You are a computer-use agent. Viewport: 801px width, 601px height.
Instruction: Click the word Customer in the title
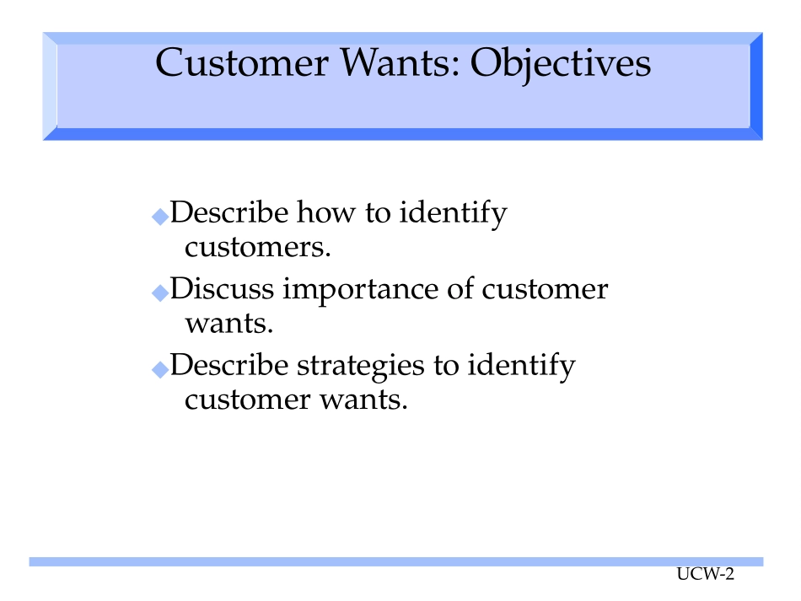coord(242,63)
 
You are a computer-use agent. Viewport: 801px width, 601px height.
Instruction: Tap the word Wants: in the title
coord(400,63)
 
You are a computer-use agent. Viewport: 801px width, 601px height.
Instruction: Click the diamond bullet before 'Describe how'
coord(160,217)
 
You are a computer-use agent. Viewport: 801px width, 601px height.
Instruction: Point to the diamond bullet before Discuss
coord(160,292)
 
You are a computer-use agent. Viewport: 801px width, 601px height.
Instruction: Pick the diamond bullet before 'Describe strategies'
coord(160,369)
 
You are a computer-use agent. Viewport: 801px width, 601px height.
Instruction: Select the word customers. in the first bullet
coord(258,247)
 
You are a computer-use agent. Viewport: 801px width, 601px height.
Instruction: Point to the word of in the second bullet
coord(460,288)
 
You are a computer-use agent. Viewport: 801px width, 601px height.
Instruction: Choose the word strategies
coord(361,367)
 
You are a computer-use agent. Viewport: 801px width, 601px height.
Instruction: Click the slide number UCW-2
coord(706,574)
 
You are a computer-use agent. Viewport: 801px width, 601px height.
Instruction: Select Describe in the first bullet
coord(228,212)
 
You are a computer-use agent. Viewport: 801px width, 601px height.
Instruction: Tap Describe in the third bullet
coord(228,365)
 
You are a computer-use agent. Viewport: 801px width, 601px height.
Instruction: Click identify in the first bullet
coord(453,214)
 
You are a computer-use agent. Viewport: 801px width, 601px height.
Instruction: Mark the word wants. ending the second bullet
coord(229,324)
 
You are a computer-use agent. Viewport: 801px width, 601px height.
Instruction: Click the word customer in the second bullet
coord(545,289)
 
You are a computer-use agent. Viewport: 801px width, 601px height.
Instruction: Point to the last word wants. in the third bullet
coord(363,400)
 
